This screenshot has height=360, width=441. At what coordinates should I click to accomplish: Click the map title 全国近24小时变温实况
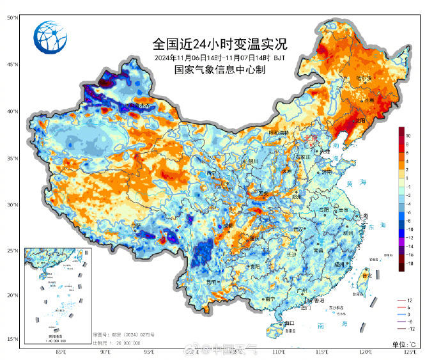(220, 45)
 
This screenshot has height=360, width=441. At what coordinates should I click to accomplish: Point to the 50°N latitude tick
(11, 18)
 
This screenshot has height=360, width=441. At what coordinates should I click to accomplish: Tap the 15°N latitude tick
(11, 340)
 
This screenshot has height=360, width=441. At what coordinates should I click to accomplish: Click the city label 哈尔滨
(363, 78)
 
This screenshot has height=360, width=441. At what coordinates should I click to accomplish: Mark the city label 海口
(288, 323)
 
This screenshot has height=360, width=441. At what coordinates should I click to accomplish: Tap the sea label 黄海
(351, 184)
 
